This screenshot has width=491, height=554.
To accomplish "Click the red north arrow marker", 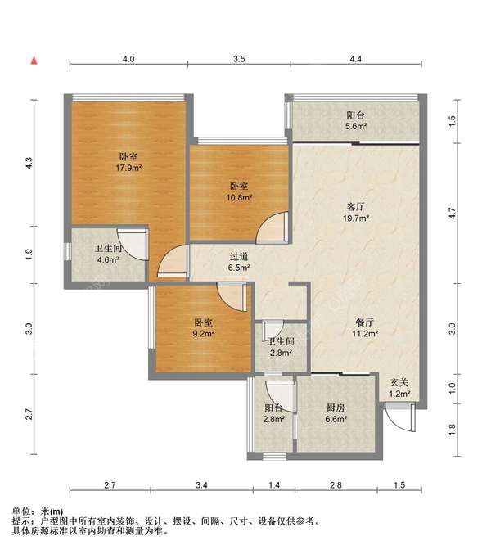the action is pyautogui.click(x=34, y=61).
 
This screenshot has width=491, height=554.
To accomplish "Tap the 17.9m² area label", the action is pyautogui.click(x=129, y=168).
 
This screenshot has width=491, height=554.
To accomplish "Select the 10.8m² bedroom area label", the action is pyautogui.click(x=239, y=197).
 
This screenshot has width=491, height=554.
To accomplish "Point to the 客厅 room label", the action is pyautogui.click(x=356, y=207).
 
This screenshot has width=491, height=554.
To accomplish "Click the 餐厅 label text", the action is pyautogui.click(x=365, y=322).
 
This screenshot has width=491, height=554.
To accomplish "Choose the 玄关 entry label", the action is pyautogui.click(x=399, y=382).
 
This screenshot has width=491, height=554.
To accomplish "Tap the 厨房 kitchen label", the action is pyautogui.click(x=336, y=408).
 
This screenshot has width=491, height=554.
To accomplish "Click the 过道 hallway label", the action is pyautogui.click(x=239, y=256).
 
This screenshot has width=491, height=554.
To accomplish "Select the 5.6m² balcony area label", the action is pyautogui.click(x=356, y=126).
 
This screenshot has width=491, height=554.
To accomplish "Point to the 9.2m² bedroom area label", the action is pyautogui.click(x=204, y=333).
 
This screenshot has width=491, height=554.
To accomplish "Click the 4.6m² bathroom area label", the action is pyautogui.click(x=108, y=259).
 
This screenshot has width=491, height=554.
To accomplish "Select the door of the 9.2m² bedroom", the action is pyautogui.click(x=232, y=296).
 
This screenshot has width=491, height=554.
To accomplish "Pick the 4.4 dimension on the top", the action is pyautogui.click(x=356, y=59).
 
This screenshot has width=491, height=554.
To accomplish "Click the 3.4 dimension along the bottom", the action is pyautogui.click(x=201, y=485).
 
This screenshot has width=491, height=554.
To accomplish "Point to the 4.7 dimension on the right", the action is pyautogui.click(x=453, y=214).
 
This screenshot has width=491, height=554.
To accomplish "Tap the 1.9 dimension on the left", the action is pyautogui.click(x=29, y=254).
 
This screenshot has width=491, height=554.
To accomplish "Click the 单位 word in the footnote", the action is pyautogui.click(x=20, y=511).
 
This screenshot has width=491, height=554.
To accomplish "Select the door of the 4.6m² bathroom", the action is pyautogui.click(x=133, y=245).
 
